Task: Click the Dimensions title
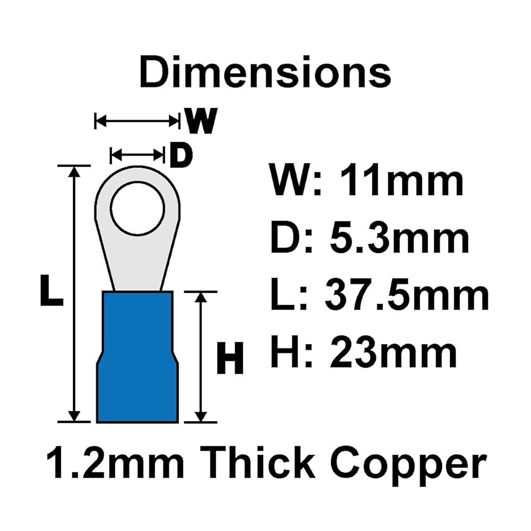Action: [x=265, y=72]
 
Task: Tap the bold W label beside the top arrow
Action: [x=201, y=121]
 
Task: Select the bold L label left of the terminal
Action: [x=52, y=290]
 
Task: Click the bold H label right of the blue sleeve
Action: [x=229, y=357]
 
